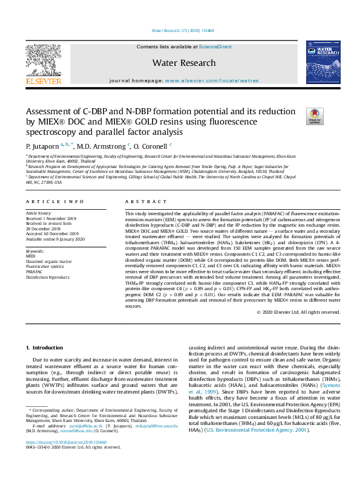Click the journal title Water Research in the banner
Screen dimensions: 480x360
coord(184,63)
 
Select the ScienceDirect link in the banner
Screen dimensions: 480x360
coord(215,47)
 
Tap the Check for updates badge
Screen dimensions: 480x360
coord(315,115)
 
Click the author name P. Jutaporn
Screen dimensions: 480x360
coord(42,146)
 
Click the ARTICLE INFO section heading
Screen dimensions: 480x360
coord(54,201)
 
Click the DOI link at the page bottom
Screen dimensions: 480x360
coord(67,459)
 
